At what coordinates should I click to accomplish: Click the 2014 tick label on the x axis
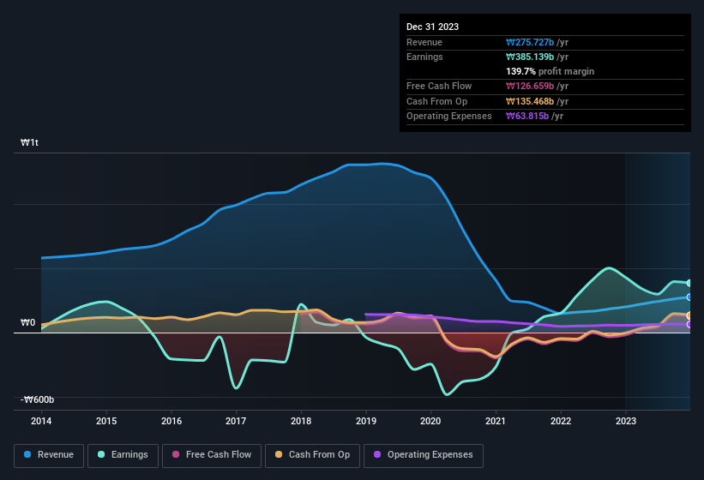[x=41, y=421]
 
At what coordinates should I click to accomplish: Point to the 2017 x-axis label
[x=236, y=421]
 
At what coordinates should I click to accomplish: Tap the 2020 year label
[x=430, y=421]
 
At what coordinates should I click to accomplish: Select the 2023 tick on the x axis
[x=625, y=421]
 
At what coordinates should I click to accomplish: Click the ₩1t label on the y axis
[x=29, y=143]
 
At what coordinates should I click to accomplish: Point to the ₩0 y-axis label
[x=28, y=323]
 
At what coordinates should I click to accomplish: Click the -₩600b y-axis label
[x=38, y=399]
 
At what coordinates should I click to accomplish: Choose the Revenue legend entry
[x=49, y=455]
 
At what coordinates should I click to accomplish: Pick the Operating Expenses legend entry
[x=424, y=455]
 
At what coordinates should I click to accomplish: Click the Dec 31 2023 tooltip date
[x=432, y=27]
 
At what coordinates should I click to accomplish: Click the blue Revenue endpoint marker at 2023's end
[x=689, y=297]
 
